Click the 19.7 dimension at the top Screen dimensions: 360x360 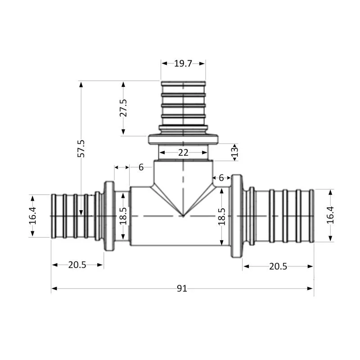(183, 63)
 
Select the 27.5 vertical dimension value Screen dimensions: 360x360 (123, 108)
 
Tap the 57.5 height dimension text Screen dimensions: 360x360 (81, 148)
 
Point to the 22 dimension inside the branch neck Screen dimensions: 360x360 (183, 153)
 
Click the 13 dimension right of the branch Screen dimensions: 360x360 (234, 152)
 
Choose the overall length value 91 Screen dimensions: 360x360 (182, 288)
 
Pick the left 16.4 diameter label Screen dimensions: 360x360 (32, 216)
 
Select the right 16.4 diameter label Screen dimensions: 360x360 (330, 215)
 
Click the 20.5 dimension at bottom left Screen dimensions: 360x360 (77, 265)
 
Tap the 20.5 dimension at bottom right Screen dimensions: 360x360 (278, 266)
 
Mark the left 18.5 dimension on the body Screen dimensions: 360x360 (123, 216)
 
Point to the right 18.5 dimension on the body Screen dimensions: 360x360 (222, 216)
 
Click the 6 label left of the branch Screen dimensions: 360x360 (141, 167)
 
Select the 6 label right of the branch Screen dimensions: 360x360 (221, 178)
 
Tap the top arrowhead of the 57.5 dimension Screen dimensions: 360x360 (81, 84)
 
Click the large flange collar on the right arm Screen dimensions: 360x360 (237, 216)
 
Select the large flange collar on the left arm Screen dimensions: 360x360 (109, 216)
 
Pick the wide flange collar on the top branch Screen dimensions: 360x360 (183, 140)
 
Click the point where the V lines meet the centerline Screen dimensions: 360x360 (183, 216)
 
